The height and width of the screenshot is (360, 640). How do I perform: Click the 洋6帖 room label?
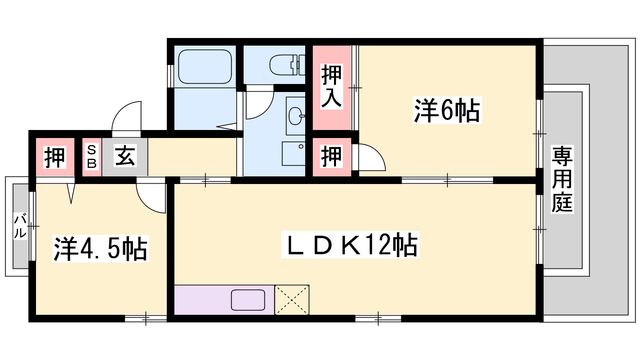click(x=447, y=110)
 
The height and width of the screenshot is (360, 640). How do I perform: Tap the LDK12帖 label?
click(x=350, y=244)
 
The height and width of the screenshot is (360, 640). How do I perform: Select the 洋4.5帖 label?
click(x=100, y=248)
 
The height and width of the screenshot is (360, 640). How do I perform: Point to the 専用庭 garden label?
click(x=562, y=180)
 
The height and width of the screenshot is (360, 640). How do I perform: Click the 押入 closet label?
click(x=332, y=86)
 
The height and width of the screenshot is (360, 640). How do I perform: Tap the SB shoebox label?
click(x=92, y=156)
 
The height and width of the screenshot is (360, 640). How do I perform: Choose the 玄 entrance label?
click(x=125, y=156)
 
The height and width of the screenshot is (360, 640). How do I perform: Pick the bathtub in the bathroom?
click(x=204, y=66)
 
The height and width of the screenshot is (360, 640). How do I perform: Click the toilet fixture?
click(x=287, y=65)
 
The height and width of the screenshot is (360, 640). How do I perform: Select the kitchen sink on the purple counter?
click(x=248, y=300)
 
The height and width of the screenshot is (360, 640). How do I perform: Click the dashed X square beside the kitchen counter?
click(x=292, y=300)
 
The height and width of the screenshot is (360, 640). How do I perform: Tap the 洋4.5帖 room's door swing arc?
click(x=145, y=204)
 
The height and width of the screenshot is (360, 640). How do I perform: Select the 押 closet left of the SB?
click(x=55, y=157)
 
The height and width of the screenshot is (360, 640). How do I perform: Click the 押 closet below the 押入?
click(x=332, y=156)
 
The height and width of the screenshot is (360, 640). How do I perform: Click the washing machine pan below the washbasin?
click(x=294, y=154)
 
